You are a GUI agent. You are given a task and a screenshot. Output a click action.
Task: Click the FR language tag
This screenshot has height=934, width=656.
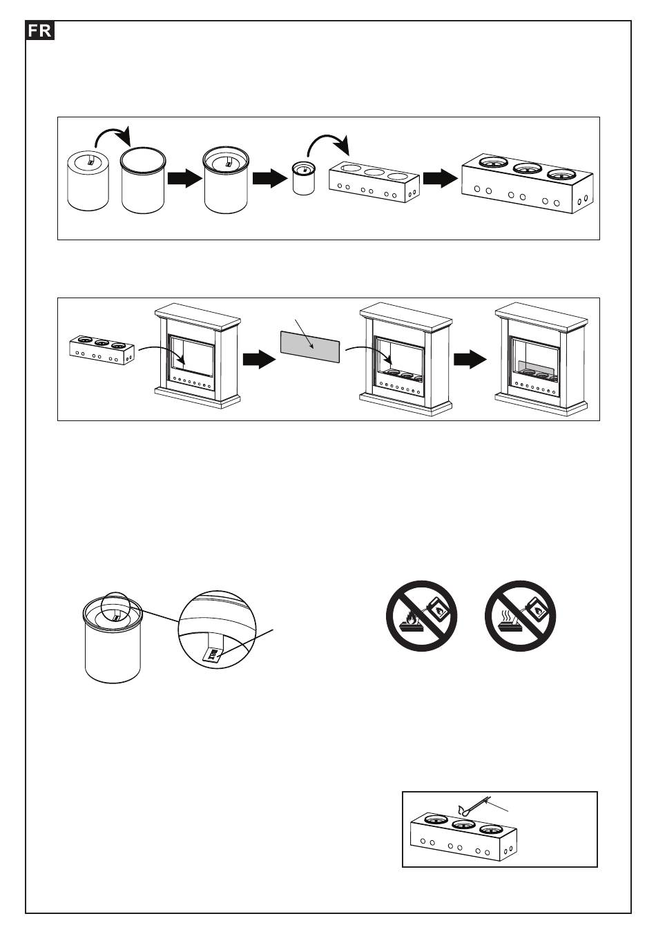point(40,30)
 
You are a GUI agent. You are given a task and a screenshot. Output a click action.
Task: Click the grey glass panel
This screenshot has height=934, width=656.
point(310,347)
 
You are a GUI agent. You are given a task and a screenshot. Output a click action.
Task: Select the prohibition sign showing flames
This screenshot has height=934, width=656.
point(421,616)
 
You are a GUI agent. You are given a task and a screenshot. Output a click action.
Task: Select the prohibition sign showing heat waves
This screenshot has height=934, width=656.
point(520,616)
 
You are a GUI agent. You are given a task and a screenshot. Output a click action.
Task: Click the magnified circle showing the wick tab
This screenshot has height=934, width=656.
point(216,630)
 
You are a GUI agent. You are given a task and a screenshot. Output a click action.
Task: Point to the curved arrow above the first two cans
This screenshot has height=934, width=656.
point(113,137)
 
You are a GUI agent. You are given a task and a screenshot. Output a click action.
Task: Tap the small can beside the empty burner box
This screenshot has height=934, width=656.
point(304,179)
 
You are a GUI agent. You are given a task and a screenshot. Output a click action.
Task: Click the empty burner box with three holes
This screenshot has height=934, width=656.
point(374,182)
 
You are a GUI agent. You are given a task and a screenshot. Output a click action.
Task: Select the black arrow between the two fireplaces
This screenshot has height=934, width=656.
point(470,359)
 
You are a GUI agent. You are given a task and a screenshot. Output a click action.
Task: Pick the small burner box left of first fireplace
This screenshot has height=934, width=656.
point(102,349)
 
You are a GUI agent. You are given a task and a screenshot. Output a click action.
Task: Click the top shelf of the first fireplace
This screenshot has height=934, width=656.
point(197,312)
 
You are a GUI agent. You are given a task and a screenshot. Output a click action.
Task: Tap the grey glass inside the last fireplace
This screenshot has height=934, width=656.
point(534,368)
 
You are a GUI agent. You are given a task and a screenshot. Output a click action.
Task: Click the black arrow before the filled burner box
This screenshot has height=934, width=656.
point(440,179)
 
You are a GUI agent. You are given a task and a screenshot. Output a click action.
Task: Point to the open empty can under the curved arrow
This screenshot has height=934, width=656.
point(143,180)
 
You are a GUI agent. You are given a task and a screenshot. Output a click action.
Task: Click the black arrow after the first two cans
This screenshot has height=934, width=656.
point(185,179)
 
